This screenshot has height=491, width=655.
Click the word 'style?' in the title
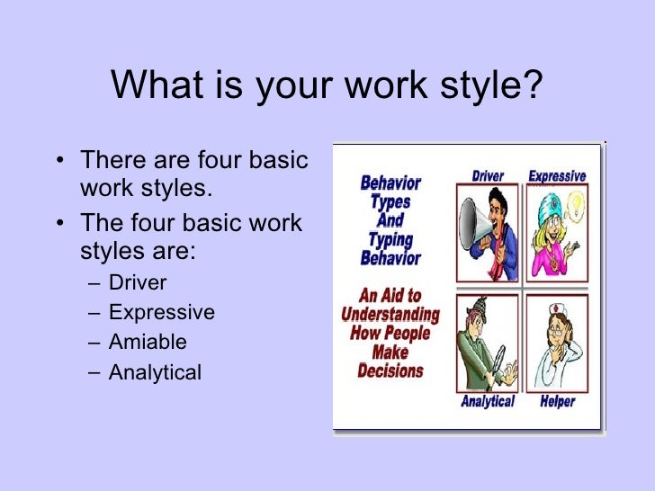click(x=493, y=86)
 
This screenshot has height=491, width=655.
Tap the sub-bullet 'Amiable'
click(x=148, y=342)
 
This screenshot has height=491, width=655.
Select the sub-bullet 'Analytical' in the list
click(x=155, y=371)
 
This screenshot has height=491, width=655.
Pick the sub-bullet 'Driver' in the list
click(x=138, y=283)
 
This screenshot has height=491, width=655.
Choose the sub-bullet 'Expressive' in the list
click(x=162, y=313)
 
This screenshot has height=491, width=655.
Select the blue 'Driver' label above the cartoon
click(x=488, y=176)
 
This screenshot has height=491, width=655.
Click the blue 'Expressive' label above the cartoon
click(x=556, y=176)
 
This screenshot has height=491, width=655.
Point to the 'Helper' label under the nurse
click(x=557, y=401)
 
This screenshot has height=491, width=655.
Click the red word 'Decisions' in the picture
click(x=390, y=370)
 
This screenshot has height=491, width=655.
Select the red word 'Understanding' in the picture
click(x=390, y=316)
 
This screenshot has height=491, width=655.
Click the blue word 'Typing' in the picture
click(x=390, y=238)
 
